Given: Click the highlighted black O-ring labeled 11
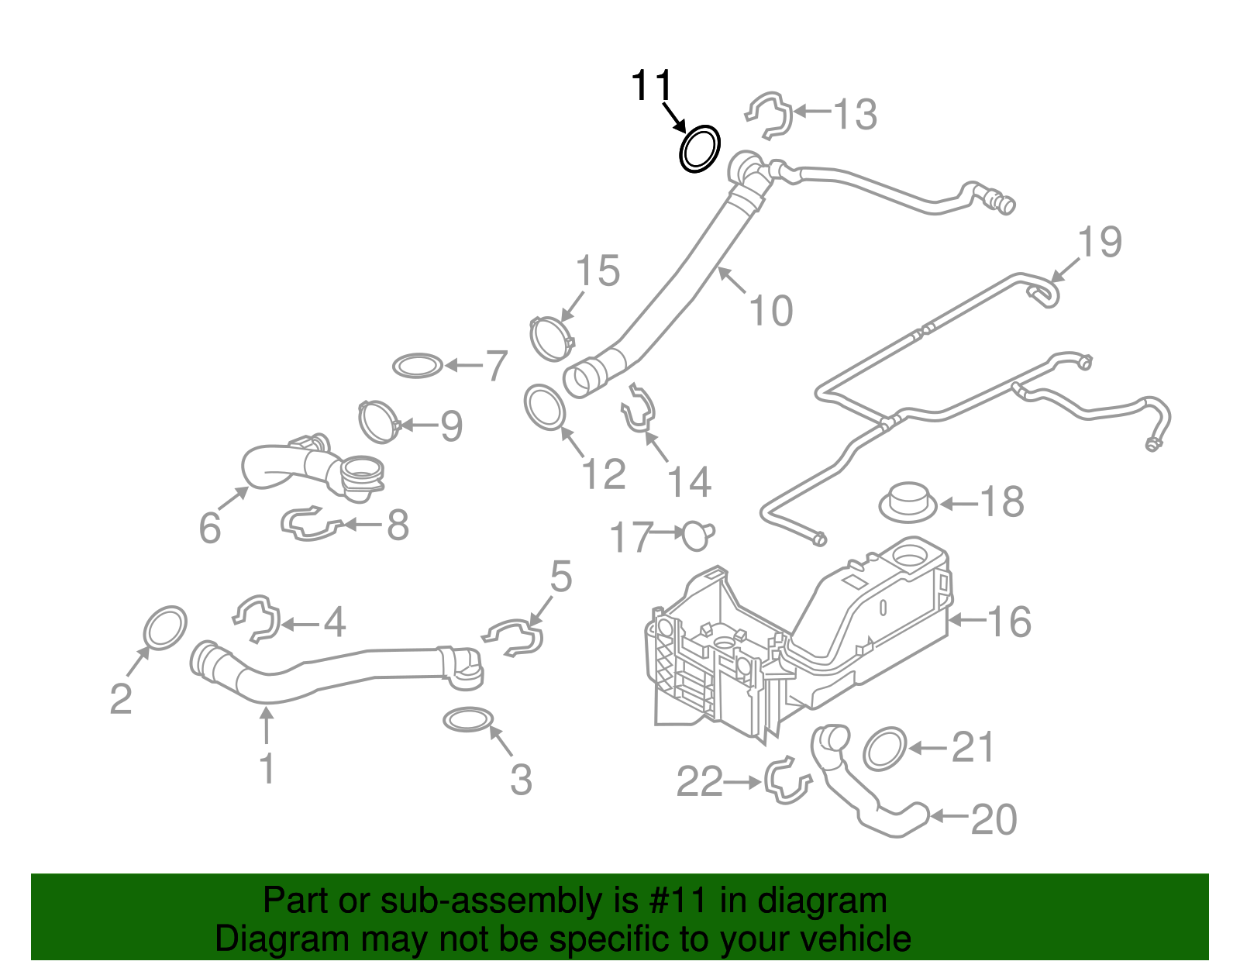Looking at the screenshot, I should [700, 149].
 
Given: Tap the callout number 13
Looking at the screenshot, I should [854, 115].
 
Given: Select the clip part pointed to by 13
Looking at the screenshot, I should [770, 115].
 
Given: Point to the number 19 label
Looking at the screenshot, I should [1099, 243].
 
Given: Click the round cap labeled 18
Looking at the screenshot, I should [908, 501].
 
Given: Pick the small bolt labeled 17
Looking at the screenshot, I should [697, 535].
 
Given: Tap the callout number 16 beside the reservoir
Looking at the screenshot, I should [1008, 622].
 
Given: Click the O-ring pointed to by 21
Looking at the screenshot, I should [884, 749].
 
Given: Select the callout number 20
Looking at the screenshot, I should [993, 819].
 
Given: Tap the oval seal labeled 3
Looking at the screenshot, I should [468, 720].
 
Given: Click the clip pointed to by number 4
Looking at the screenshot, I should [257, 618].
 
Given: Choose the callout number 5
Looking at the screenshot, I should [560, 577].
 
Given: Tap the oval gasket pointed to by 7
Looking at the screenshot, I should [418, 365].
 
